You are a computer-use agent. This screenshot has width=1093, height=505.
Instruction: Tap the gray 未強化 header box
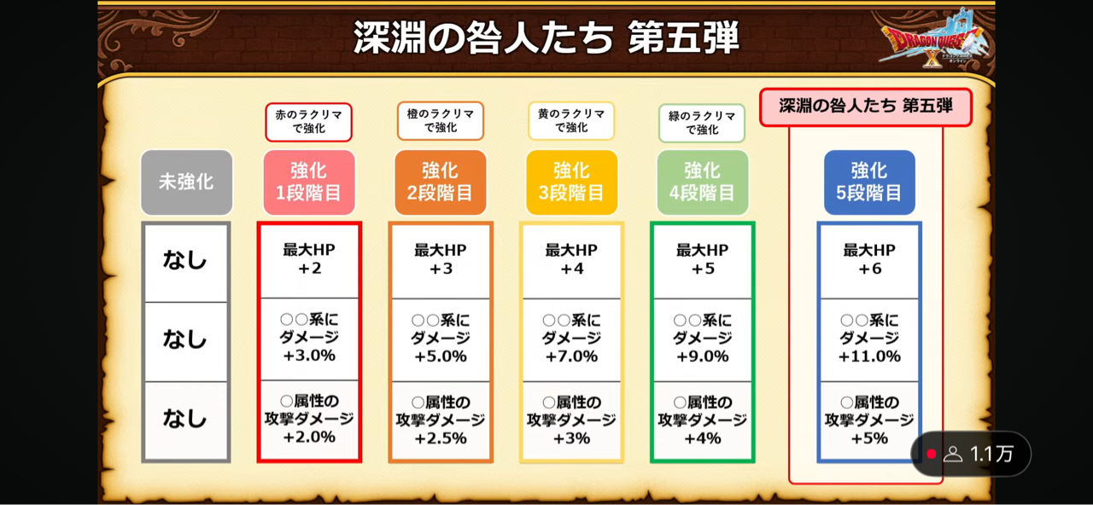coord(186,183)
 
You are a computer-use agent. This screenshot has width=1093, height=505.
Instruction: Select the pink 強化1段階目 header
coord(309,183)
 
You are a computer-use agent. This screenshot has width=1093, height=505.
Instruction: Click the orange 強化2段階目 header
coord(440,183)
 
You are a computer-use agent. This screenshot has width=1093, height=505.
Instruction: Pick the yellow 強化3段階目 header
coord(571,183)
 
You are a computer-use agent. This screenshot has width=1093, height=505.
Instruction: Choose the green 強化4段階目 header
coord(702,183)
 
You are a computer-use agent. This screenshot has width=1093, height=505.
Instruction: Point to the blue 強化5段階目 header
coord(869,183)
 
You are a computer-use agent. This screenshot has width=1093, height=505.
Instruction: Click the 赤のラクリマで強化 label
coord(308,121)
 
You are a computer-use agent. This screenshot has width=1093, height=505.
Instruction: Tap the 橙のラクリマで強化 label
coord(440,121)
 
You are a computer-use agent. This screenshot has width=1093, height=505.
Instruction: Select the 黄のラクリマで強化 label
coord(571,120)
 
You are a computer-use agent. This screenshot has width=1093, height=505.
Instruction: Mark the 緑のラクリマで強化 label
coord(702,123)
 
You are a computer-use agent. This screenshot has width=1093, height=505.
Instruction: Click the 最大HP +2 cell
coord(309,260)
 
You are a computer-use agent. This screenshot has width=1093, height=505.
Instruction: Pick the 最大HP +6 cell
coord(869,260)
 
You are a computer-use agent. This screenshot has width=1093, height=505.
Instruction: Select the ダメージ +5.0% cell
coord(440,339)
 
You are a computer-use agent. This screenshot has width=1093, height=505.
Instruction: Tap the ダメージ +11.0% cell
coord(869,339)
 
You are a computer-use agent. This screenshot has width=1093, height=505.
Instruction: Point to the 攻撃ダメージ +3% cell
coord(571,420)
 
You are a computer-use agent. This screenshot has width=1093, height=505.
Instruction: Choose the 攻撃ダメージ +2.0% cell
coord(309,420)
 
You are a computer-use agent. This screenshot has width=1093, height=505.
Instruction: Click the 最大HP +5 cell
coord(702,260)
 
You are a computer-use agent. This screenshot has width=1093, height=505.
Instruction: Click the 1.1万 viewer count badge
coord(973,454)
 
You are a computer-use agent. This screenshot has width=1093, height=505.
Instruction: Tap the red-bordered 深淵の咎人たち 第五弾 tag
coord(866,107)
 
